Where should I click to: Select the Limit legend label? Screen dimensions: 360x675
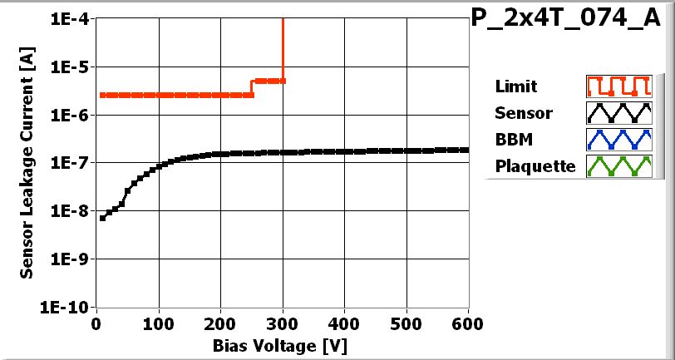point(515,86)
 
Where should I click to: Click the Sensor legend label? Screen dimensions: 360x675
point(523,112)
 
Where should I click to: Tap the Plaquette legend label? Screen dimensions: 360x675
point(535,165)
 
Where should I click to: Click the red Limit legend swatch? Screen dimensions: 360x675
point(616,86)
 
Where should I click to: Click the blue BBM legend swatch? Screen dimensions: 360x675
point(616,139)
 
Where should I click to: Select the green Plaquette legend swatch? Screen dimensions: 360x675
point(616,165)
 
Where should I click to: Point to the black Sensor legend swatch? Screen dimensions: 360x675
point(616,112)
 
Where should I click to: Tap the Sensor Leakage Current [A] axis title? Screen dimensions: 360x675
point(27,162)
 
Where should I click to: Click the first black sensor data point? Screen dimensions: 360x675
point(102,218)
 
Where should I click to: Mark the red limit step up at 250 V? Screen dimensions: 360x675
point(253,88)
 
